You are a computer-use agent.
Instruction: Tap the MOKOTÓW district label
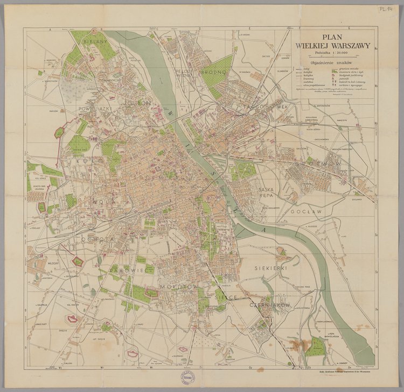pyautogui.click(x=180, y=288)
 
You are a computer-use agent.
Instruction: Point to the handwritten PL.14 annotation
pyautogui.click(x=386, y=9)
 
